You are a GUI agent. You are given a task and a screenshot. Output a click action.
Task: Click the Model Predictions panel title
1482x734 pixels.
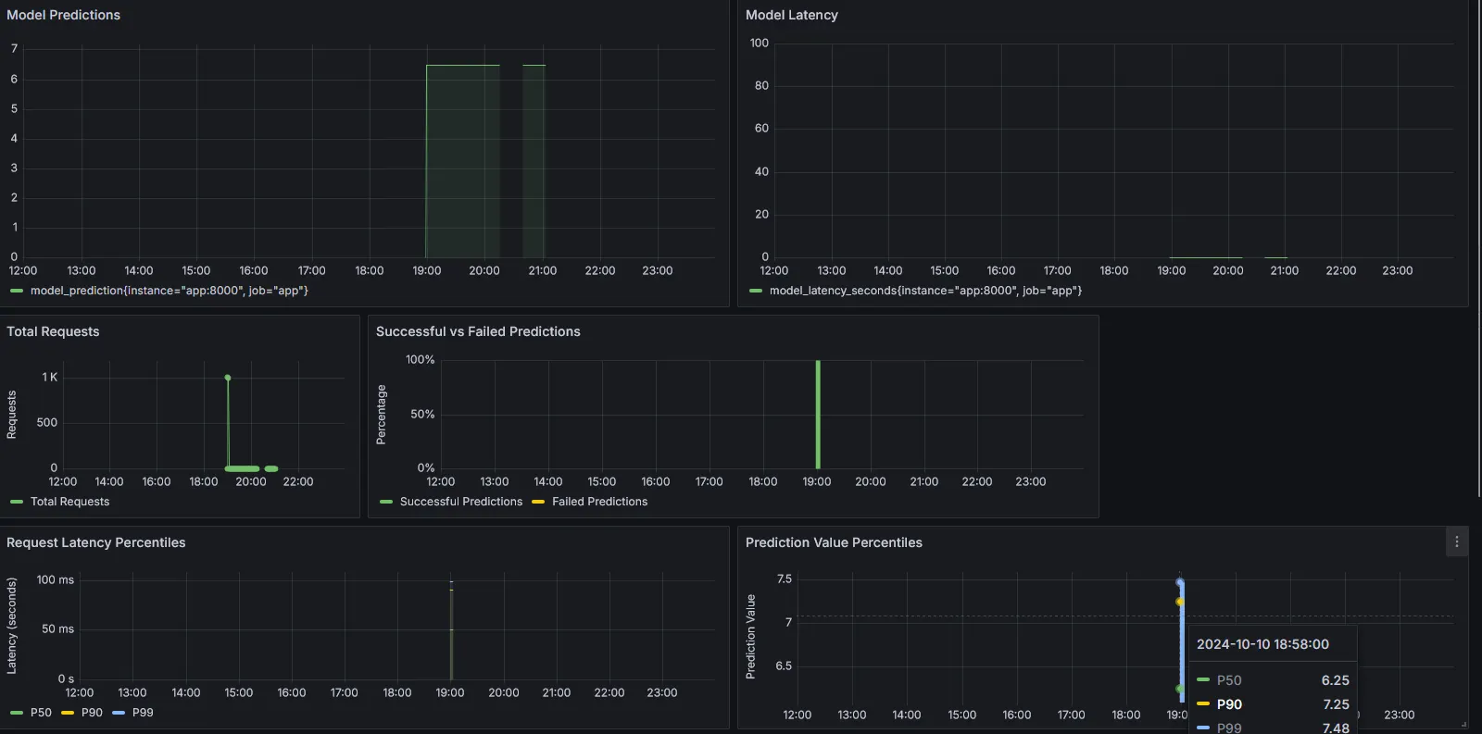click(63, 15)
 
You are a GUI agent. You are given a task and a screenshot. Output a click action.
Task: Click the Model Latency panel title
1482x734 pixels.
click(791, 15)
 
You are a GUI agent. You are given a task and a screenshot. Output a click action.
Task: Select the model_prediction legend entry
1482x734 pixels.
click(169, 291)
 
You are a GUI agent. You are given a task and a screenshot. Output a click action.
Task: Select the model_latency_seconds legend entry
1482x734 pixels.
click(924, 291)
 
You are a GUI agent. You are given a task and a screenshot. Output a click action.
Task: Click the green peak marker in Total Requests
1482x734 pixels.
click(228, 378)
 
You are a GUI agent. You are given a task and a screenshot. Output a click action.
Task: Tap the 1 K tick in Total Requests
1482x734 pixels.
click(49, 377)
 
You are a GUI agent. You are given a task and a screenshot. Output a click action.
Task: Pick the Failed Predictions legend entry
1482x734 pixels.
click(599, 502)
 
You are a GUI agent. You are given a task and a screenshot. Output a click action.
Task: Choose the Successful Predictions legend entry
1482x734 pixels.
click(460, 502)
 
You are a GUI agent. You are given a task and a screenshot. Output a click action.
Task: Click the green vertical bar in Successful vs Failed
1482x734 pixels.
click(818, 414)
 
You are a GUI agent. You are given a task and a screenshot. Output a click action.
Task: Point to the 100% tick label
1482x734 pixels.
click(420, 359)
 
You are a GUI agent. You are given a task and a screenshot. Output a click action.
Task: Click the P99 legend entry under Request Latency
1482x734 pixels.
click(142, 713)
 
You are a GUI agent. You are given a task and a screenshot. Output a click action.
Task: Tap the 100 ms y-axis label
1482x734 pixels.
click(55, 579)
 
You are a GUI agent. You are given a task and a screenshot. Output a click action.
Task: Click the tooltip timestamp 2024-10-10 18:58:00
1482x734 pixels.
click(1262, 644)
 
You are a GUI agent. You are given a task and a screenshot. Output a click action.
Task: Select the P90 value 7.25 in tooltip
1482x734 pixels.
click(1336, 704)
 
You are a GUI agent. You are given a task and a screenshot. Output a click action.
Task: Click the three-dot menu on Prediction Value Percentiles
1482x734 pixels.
click(1456, 542)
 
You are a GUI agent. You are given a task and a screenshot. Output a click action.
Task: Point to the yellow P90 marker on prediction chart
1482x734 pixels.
click(1179, 602)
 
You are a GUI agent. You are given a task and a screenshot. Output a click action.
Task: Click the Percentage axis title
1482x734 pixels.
click(381, 415)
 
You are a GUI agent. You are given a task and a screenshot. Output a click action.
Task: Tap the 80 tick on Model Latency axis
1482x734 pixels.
click(761, 85)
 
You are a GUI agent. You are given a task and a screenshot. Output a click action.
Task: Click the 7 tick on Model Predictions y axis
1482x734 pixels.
click(14, 48)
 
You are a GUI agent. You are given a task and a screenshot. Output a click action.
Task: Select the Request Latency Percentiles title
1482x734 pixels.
click(95, 542)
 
